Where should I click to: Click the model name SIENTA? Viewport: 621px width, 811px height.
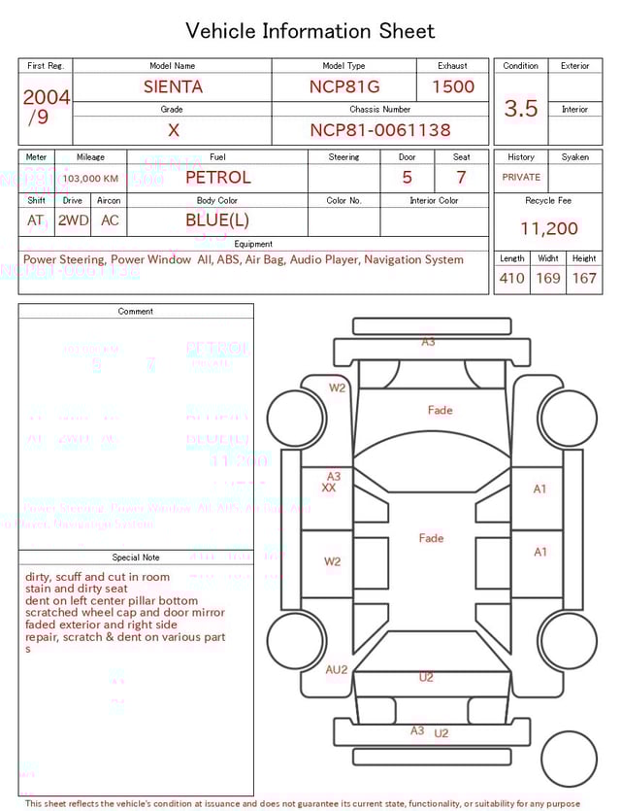tap(173, 86)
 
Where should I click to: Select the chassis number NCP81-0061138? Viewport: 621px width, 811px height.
tap(380, 130)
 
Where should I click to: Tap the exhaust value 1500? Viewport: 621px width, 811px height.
tap(453, 86)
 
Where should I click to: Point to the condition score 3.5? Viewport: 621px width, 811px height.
tap(521, 109)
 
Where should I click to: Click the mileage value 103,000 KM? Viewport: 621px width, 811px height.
tap(91, 179)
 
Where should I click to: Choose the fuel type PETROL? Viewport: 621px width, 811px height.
tap(217, 177)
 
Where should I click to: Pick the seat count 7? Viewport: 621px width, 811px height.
tap(461, 177)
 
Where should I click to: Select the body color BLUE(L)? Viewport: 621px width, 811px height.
tap(217, 220)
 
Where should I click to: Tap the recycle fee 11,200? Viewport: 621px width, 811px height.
tap(549, 228)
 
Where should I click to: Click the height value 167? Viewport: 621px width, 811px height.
tap(584, 278)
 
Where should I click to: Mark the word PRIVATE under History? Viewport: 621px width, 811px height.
tap(521, 177)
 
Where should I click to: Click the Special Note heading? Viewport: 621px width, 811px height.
tap(136, 558)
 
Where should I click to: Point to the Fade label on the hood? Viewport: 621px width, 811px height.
tap(441, 410)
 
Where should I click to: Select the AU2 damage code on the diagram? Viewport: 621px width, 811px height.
tap(337, 669)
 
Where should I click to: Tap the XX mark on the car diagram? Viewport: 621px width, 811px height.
tap(329, 488)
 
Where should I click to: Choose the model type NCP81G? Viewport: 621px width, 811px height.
tap(344, 86)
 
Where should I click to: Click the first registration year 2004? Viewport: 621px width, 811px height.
tap(46, 97)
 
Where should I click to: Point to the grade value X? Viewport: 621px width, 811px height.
tap(173, 130)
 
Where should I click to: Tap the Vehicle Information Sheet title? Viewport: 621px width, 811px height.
tap(310, 31)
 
